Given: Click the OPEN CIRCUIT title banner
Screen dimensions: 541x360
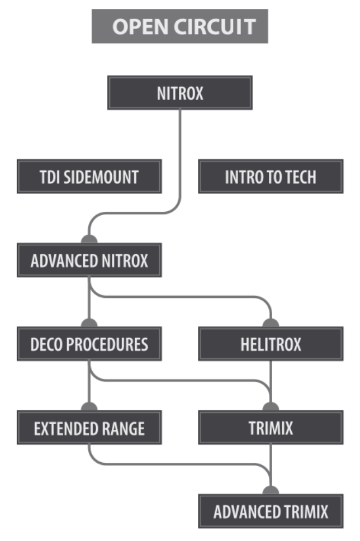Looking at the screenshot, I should (x=180, y=27).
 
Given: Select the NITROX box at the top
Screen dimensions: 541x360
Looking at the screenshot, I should (x=180, y=93).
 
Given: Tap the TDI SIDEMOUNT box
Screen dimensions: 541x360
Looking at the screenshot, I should (x=89, y=177).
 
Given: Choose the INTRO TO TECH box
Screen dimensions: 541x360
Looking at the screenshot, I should (x=271, y=177).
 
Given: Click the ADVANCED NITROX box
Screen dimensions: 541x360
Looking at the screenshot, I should (x=89, y=260).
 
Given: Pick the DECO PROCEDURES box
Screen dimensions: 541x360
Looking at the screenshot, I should (x=89, y=344).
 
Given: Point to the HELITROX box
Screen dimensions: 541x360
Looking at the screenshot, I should (x=271, y=344).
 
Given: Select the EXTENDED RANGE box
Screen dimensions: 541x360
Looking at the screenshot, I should (x=89, y=428).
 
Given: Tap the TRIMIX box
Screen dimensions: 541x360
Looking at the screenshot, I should (x=271, y=428).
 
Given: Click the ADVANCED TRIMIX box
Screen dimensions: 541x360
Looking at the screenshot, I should (x=271, y=511).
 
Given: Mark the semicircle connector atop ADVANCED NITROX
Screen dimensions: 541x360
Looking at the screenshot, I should (x=89, y=240).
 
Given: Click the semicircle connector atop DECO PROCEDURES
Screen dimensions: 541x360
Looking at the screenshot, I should (x=89, y=324).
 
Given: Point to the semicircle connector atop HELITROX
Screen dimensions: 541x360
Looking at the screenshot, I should (x=271, y=324).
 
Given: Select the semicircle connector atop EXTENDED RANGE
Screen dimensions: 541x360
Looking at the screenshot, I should (x=89, y=407).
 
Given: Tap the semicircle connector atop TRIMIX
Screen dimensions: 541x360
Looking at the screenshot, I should (x=271, y=407).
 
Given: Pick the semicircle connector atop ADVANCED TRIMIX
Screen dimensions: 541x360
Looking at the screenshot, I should (x=271, y=491).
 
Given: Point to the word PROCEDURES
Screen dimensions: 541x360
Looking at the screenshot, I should (x=111, y=344).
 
